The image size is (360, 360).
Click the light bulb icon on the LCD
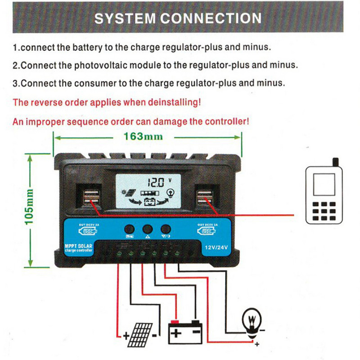coord(170,193)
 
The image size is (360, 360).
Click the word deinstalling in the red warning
coord(169,102)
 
